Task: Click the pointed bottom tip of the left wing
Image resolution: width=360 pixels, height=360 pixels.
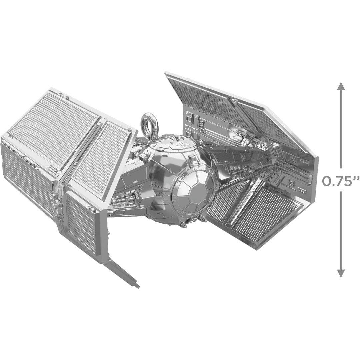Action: click(x=138, y=287)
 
